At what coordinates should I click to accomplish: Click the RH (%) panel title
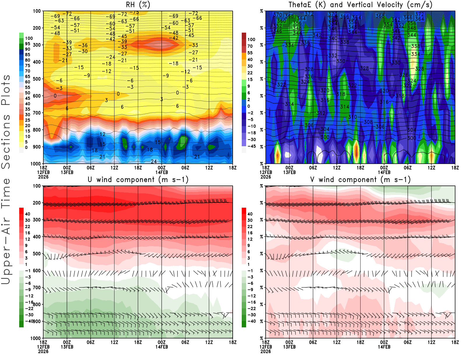pos(138,5)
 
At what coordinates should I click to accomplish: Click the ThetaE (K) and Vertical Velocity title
pos(360,5)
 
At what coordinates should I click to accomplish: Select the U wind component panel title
pos(138,179)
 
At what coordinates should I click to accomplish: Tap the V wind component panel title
pos(360,179)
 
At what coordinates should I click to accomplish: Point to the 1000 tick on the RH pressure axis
pos(36,164)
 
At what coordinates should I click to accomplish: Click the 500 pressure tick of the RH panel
pos(37,79)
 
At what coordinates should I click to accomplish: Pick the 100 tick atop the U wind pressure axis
pos(37,186)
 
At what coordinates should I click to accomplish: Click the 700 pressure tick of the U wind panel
pos(37,287)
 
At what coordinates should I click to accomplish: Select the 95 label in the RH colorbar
pos(27,44)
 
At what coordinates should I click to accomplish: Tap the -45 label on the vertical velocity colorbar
pos(251,146)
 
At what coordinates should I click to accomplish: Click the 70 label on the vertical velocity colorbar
pos(250,46)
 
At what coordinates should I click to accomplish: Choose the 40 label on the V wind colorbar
pos(250,214)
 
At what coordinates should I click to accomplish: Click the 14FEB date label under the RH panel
pos(162,172)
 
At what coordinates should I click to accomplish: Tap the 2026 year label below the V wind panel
pos(266,351)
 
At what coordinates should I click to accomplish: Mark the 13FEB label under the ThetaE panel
pos(289,172)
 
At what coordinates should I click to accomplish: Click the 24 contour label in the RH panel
pos(154,161)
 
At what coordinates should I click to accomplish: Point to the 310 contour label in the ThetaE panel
pos(352,117)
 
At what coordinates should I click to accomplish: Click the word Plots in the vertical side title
pos(6,90)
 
